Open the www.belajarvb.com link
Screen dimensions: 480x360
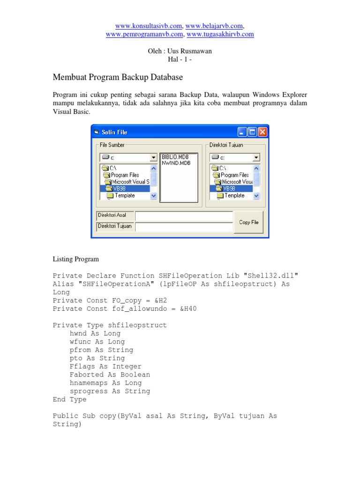(x=214, y=26)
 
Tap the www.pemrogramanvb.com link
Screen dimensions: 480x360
(x=144, y=34)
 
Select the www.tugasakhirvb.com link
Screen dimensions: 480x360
(x=220, y=34)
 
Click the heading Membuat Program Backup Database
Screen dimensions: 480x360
(x=118, y=77)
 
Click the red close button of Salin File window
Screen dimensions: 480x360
(x=262, y=132)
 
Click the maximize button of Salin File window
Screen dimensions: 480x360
(x=252, y=132)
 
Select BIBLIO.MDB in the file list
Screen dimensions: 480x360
(x=176, y=157)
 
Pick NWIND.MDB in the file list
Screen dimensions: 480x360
(x=176, y=163)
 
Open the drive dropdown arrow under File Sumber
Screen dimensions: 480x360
(x=153, y=158)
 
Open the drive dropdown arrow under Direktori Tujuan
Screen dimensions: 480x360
(x=256, y=158)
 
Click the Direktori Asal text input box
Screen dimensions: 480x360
(x=183, y=216)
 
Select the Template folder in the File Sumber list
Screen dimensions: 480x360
(x=124, y=195)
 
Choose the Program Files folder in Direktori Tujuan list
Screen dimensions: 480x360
(x=234, y=175)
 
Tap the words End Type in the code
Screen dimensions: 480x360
(x=69, y=399)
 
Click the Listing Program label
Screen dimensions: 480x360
(x=75, y=259)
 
